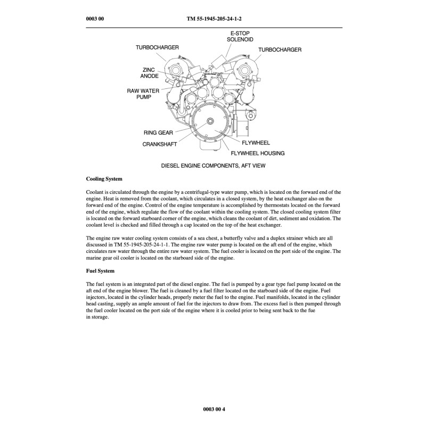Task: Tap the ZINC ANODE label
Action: click(149, 73)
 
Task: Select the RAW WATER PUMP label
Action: click(140, 94)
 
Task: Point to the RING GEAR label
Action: click(158, 133)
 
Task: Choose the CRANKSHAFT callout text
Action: click(159, 144)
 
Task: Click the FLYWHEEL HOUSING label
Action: click(257, 153)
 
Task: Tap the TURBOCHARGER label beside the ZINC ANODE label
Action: click(157, 48)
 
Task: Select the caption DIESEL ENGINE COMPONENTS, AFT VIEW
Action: click(213, 166)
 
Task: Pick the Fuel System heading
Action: click(100, 271)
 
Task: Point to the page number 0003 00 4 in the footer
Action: click(214, 408)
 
